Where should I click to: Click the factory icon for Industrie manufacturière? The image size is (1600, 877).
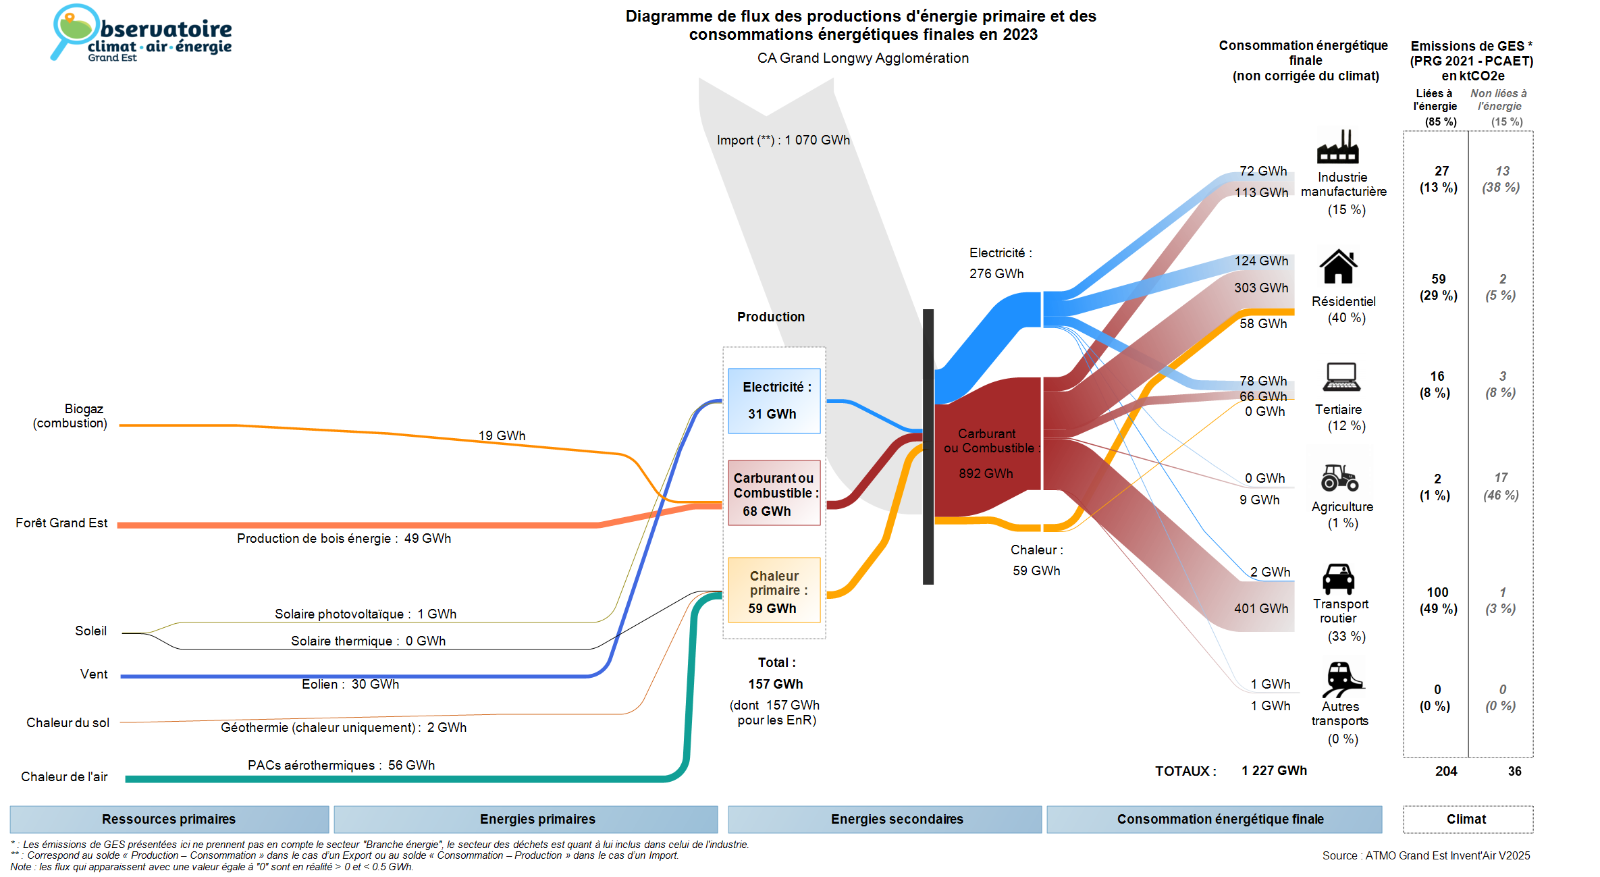coord(1337,147)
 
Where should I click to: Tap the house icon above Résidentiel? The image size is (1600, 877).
coord(1338,267)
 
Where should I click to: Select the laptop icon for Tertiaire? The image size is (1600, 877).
coord(1341,377)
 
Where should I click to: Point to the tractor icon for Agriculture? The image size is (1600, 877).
coord(1339,478)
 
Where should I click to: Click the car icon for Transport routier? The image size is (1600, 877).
coord(1338,579)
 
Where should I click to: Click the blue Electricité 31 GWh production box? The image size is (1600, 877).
coord(774,401)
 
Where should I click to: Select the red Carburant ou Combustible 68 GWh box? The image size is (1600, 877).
coord(774,494)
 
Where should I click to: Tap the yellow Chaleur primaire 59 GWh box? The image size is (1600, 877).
coord(774,591)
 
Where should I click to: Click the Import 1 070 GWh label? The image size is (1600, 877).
coord(783,140)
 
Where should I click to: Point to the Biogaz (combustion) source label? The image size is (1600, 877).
coord(70,416)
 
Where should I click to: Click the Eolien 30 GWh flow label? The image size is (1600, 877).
coord(350,685)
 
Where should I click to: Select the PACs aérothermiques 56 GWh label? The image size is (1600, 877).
coord(341,766)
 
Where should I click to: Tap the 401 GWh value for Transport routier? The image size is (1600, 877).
coord(1261,609)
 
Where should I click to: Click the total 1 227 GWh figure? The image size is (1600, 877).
coord(1274,771)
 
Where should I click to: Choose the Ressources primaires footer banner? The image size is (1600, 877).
coord(169,820)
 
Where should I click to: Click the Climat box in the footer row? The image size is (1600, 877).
coord(1466,820)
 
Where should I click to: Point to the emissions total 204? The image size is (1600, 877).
coord(1446,772)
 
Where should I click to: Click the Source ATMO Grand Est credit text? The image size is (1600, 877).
coord(1426,856)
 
